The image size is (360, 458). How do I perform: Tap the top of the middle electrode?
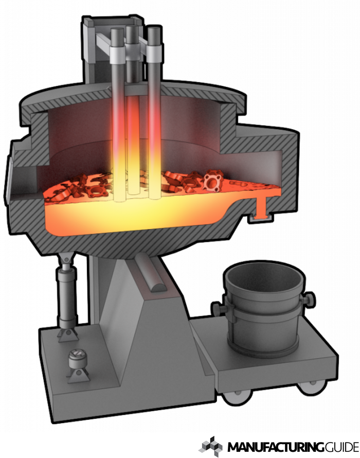click(132, 28)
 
